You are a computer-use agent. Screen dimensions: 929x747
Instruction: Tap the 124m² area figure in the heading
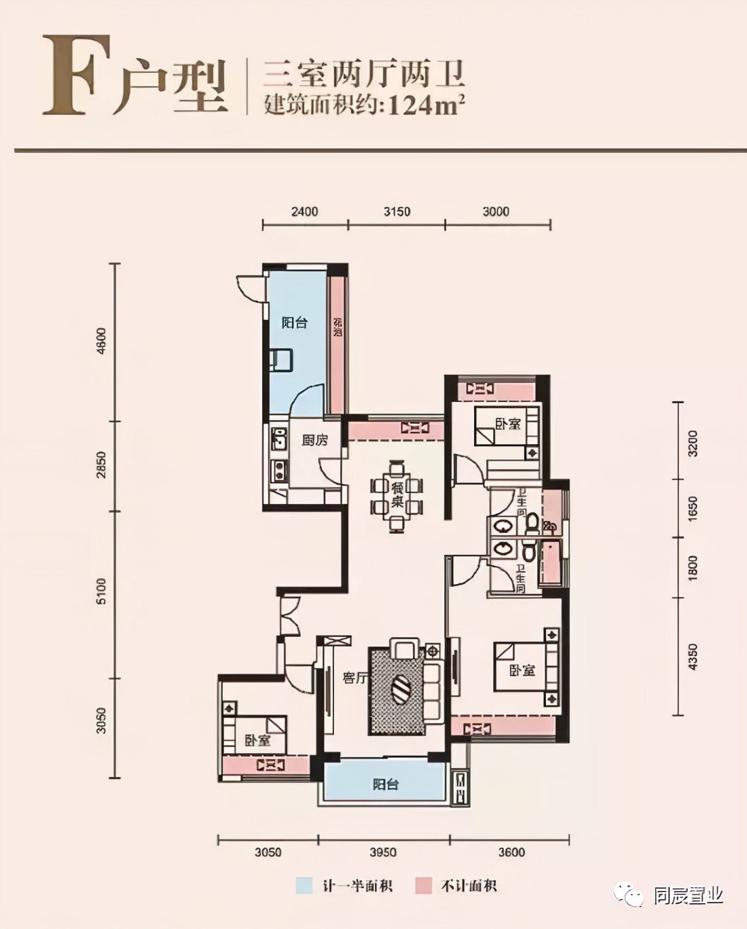tap(426, 105)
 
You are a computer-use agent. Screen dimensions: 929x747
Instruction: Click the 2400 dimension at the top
tap(304, 211)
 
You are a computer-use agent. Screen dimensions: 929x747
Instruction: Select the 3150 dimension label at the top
tap(397, 211)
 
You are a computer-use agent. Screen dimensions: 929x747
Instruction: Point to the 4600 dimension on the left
tap(101, 341)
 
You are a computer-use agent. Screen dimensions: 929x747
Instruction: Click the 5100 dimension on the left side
tap(101, 591)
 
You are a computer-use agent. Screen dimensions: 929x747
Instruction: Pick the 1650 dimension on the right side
tap(692, 509)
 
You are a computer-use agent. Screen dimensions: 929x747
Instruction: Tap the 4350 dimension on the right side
tap(692, 657)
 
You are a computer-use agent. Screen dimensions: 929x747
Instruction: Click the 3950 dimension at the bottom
tap(383, 852)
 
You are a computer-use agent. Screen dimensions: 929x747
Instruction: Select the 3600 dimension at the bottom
tap(511, 852)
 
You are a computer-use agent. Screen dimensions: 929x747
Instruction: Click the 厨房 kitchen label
tap(314, 440)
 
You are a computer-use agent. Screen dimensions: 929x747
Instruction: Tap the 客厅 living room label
tap(354, 677)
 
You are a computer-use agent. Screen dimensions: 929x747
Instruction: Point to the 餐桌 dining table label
tap(397, 495)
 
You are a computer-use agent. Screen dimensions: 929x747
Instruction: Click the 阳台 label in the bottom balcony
tap(385, 784)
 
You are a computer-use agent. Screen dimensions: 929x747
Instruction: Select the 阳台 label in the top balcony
tap(295, 323)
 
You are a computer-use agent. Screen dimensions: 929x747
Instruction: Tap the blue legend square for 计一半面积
tap(304, 886)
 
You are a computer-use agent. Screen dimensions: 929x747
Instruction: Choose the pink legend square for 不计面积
tap(424, 886)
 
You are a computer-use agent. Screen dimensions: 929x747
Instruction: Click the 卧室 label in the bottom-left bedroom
tap(257, 740)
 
